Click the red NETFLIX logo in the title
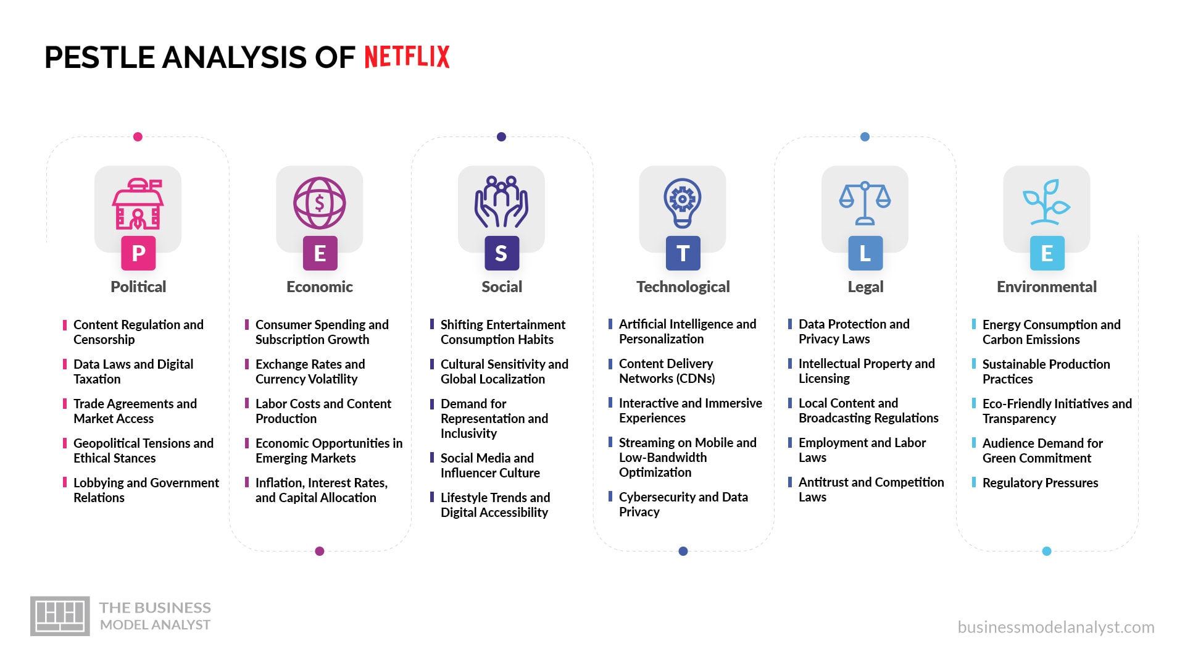[x=407, y=57]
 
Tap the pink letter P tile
[x=138, y=253]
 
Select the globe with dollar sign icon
[x=319, y=203]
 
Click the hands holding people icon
[x=501, y=202]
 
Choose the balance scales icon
[x=865, y=203]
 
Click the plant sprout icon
[x=1046, y=202]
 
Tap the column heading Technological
[x=683, y=287]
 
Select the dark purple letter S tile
[x=501, y=253]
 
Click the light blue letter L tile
[x=865, y=253]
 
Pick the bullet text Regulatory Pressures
[x=1040, y=483]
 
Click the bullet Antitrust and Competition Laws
[x=870, y=489]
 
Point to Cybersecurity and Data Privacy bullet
[x=683, y=504]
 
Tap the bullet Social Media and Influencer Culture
[x=490, y=465]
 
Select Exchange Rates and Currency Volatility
[x=310, y=371]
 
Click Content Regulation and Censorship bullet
[x=138, y=332]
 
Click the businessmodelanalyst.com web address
[x=1055, y=627]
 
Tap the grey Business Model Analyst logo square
[x=60, y=616]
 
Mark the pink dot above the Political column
[x=138, y=136]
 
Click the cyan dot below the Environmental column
[x=1046, y=551]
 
